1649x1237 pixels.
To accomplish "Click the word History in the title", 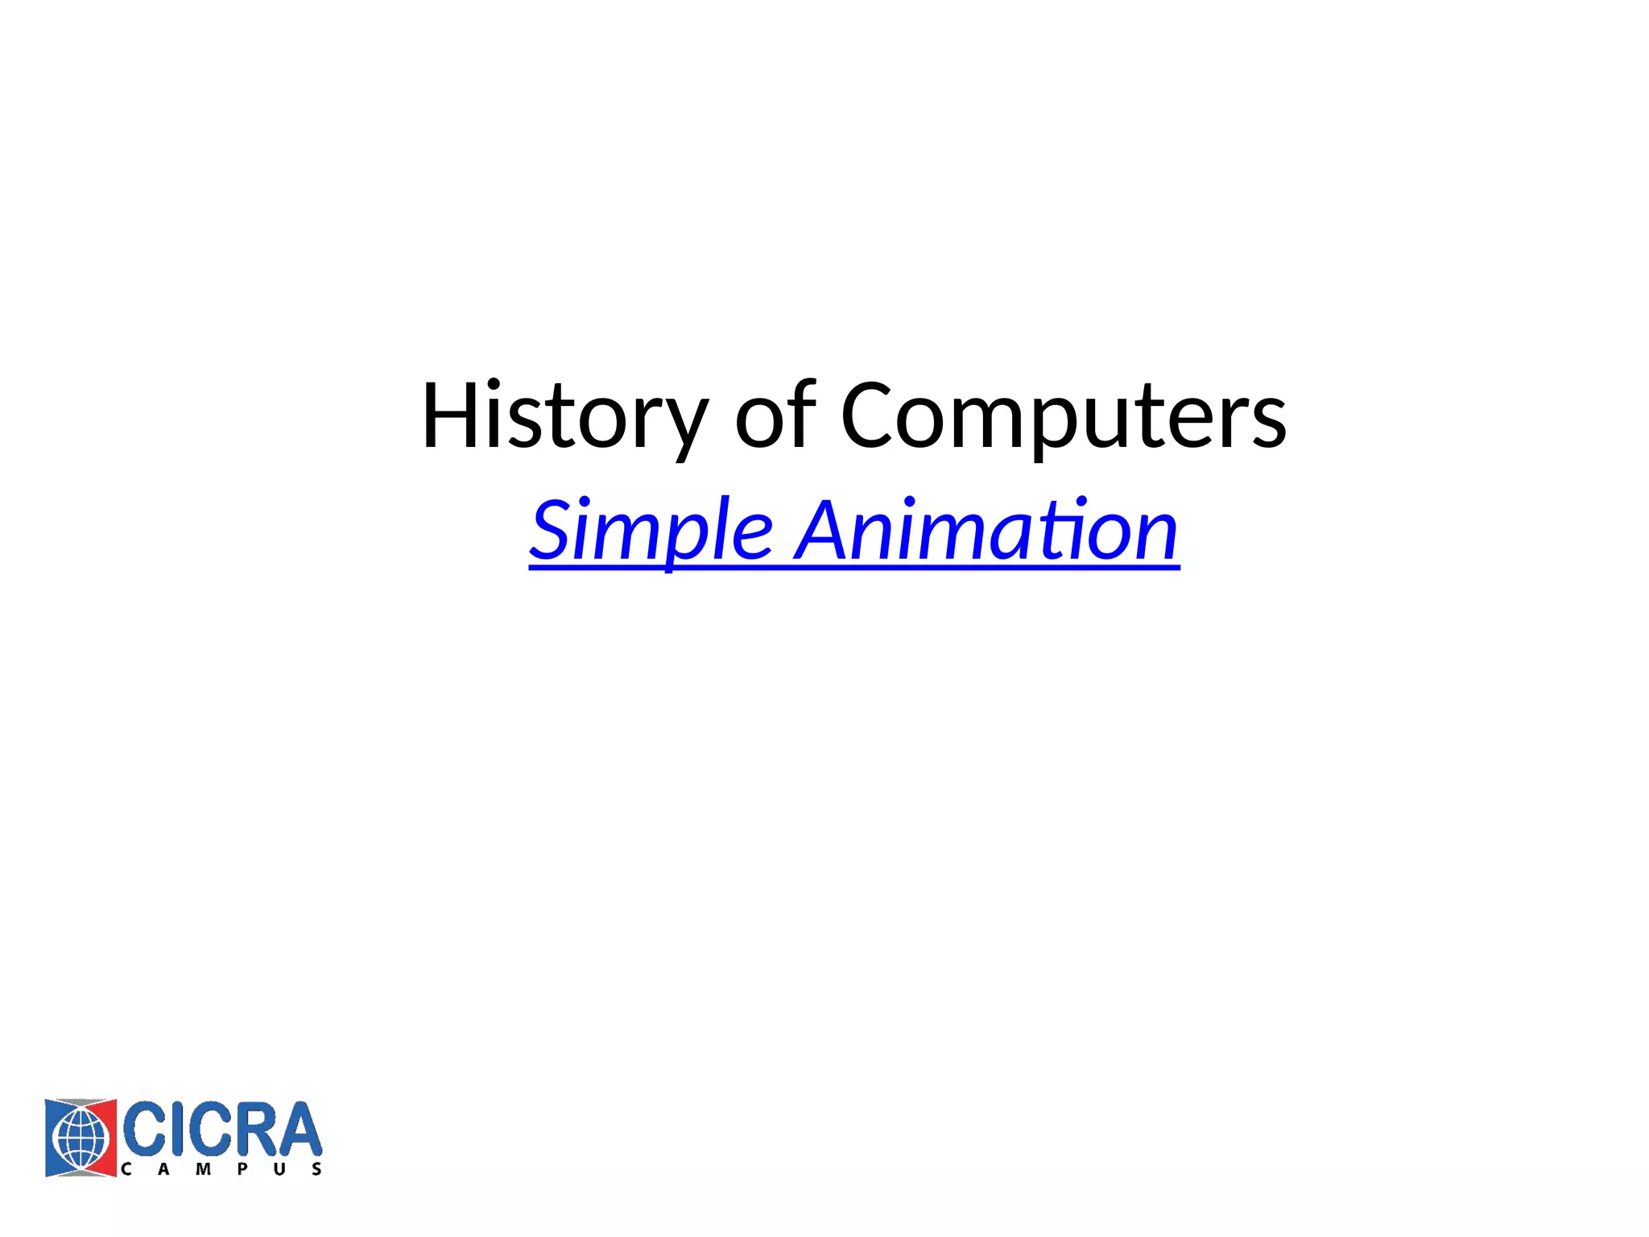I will click(x=564, y=417).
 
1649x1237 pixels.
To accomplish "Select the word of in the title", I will click(x=775, y=416).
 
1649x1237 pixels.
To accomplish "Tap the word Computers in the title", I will click(x=1063, y=417).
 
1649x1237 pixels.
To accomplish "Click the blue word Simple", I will click(x=651, y=532).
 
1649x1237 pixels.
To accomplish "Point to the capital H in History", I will click(x=453, y=416).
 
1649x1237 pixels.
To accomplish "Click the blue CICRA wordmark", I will click(x=221, y=1129).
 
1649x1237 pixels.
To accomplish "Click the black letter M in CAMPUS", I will click(x=203, y=1169).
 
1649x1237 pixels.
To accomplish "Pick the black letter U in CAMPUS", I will click(x=279, y=1169).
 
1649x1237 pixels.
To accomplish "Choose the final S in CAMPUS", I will click(x=317, y=1169).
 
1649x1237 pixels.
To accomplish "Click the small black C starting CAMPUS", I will click(x=126, y=1169).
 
